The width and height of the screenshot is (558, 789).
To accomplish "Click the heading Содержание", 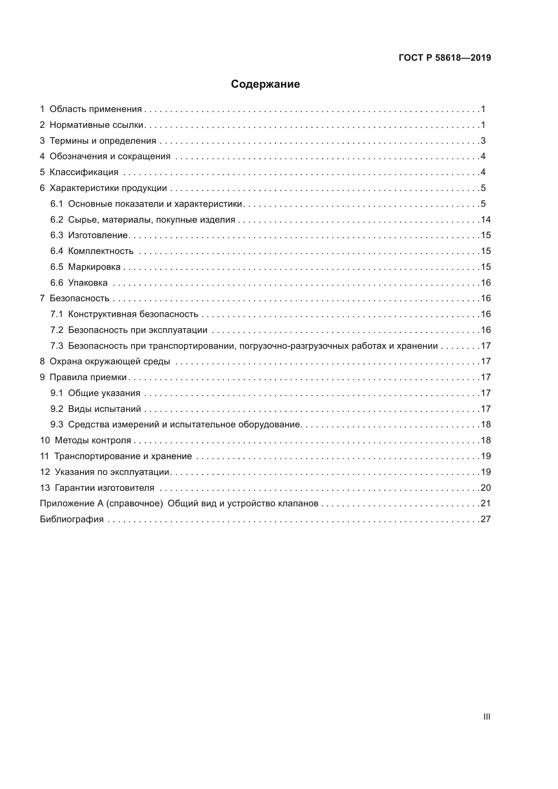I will coord(265,84).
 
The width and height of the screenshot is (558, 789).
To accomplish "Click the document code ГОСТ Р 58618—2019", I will coord(445,58).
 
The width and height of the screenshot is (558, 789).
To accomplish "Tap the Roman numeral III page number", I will coord(486,717).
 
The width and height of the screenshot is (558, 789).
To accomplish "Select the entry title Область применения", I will coord(95,109).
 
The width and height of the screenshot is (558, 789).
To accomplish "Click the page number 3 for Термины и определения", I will coord(483,141).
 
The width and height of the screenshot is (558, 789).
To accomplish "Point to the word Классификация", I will coord(84,172).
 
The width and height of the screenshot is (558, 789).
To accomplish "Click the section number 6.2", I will coord(57,220).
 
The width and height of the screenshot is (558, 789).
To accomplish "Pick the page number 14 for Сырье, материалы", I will coord(486,220).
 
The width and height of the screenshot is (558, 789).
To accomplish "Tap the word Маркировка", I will coord(94,267).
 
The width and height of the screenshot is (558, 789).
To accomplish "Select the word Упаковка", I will coord(88,283).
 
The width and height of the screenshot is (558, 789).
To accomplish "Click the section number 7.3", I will coord(57,346).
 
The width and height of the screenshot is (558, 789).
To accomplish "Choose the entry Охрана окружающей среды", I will coord(110,362).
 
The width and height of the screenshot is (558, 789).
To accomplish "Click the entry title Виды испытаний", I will coord(105,409).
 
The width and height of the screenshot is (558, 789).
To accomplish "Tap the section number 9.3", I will coord(57,425).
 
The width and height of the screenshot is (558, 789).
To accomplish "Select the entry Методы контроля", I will coord(93,441).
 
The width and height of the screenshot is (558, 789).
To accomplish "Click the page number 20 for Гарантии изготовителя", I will coord(486,488).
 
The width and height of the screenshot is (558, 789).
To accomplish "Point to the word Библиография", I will coord(72,519).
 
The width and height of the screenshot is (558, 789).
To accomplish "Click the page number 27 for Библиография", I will coord(486,519).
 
